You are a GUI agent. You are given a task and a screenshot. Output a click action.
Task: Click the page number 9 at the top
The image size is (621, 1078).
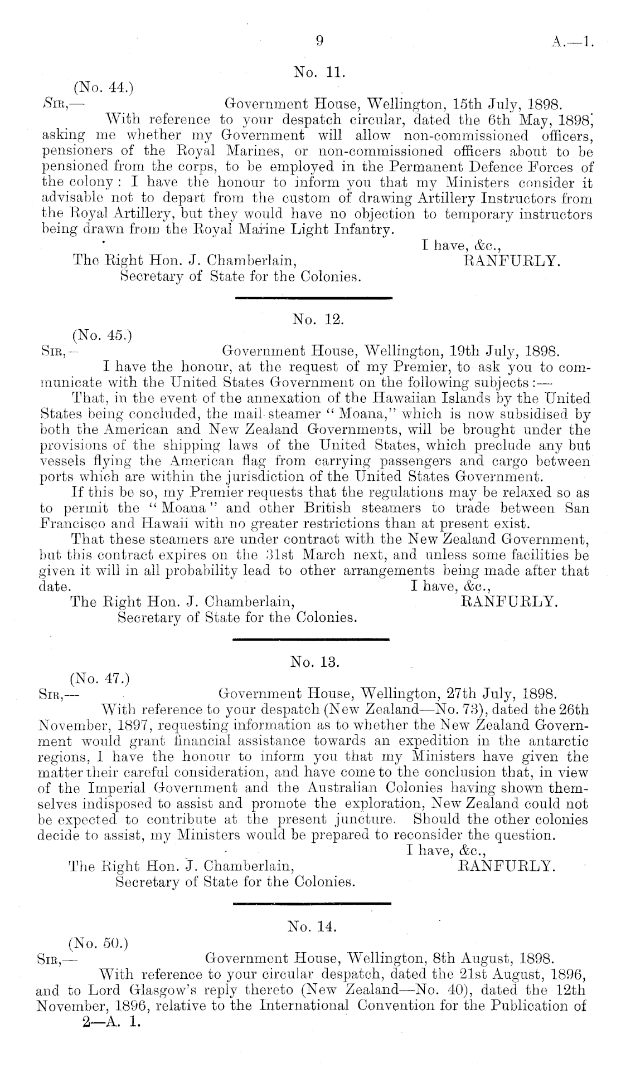click(319, 41)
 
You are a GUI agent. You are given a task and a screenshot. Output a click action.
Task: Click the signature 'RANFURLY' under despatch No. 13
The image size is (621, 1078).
click(506, 866)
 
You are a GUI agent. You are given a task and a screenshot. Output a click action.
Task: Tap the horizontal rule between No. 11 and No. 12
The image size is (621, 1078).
click(314, 299)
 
